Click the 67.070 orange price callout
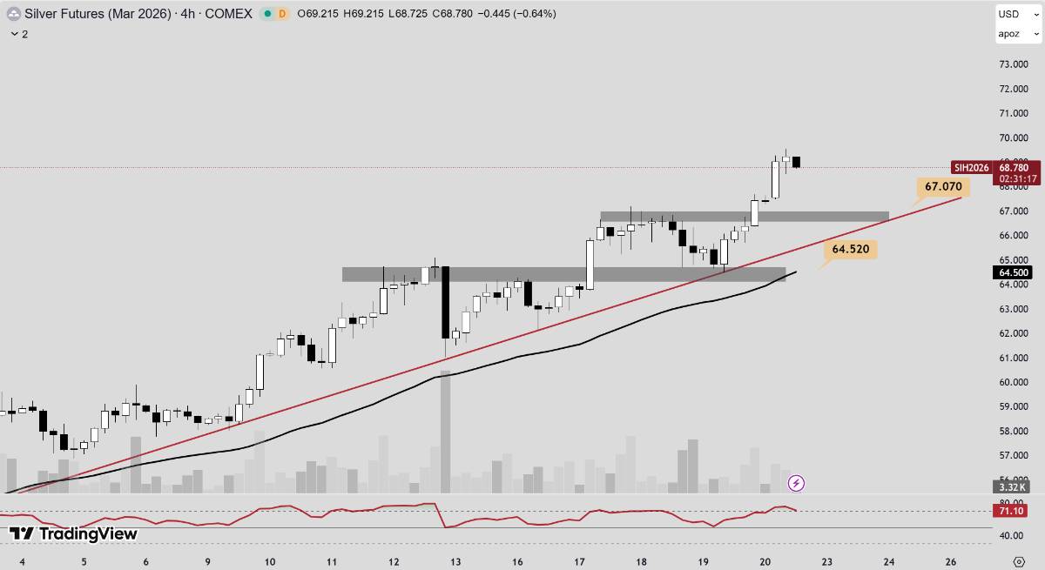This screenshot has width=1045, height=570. (x=943, y=186)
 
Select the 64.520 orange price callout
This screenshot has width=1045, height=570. (x=850, y=249)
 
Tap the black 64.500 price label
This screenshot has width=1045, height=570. (x=1014, y=272)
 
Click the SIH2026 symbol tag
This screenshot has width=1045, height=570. (x=971, y=167)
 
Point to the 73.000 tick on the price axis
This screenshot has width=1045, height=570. (x=1014, y=64)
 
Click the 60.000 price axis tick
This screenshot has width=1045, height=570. (x=1014, y=382)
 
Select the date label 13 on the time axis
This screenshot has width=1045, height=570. (x=455, y=561)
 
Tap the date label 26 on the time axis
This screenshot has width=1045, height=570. (x=951, y=561)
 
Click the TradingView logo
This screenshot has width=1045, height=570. (x=73, y=533)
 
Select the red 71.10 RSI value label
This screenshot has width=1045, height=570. (x=1013, y=511)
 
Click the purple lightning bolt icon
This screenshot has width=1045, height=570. (x=796, y=483)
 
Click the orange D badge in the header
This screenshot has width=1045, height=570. (x=282, y=14)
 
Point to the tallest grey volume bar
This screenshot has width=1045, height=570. (x=445, y=432)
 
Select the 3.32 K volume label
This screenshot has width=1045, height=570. (x=1012, y=486)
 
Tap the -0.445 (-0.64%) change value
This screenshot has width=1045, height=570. (x=520, y=14)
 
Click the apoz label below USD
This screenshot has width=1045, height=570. (x=1009, y=34)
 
